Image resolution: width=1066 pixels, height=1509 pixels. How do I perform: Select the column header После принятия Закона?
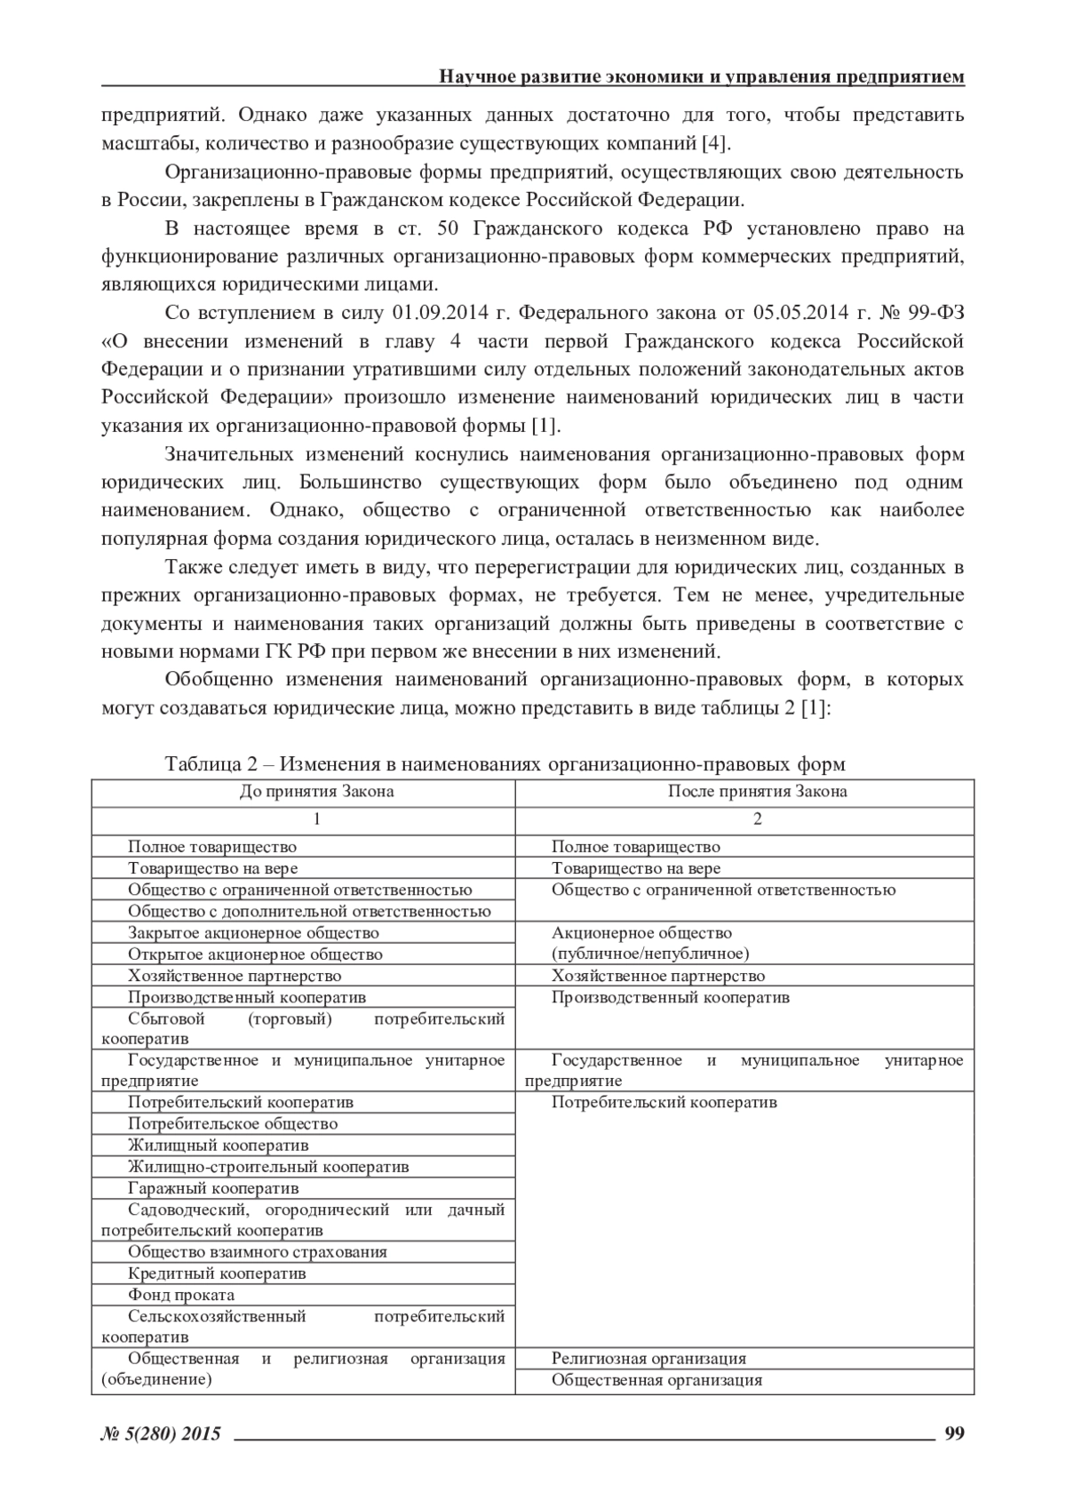757,792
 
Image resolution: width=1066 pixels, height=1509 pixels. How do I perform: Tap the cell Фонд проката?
181,1295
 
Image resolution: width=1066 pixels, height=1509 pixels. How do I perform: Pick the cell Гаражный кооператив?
213,1188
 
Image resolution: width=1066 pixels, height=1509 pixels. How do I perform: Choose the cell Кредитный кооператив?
217,1273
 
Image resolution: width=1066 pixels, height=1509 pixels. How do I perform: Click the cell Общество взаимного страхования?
258,1252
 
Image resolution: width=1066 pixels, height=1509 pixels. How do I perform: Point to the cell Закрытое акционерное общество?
253,933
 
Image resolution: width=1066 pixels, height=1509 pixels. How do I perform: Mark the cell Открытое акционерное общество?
255,954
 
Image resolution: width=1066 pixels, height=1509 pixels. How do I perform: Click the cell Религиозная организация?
648,1359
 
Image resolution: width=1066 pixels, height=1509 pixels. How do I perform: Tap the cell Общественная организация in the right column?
656,1380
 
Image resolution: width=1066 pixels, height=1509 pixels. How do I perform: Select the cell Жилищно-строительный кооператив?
268,1167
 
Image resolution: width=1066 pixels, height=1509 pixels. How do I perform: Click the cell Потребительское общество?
233,1124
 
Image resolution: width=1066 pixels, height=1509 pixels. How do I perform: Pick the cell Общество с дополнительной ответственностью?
309,912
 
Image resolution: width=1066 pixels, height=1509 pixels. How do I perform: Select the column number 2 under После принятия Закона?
757,819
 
